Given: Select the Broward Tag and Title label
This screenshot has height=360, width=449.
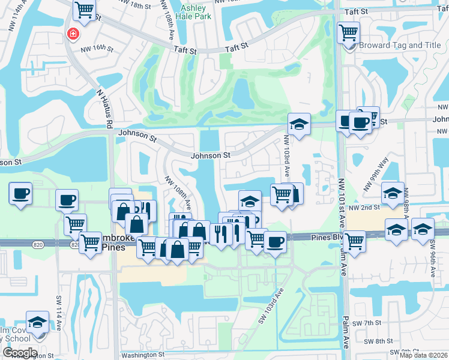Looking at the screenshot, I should [x=399, y=45].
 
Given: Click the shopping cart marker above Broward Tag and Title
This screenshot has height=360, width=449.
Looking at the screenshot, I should [x=348, y=32].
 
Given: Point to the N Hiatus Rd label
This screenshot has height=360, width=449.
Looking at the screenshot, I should [x=106, y=109].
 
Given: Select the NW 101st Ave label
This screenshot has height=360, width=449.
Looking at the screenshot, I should [x=342, y=198].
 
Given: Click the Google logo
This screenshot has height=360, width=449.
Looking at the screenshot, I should [x=19, y=352].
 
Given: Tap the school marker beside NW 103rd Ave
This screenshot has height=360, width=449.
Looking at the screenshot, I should [x=299, y=124].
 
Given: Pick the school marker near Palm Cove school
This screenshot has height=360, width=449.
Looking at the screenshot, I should [x=37, y=322].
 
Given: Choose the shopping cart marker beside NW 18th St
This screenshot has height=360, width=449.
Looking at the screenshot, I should [x=85, y=10].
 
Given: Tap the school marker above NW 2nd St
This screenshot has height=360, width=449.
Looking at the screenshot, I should [x=393, y=193].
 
